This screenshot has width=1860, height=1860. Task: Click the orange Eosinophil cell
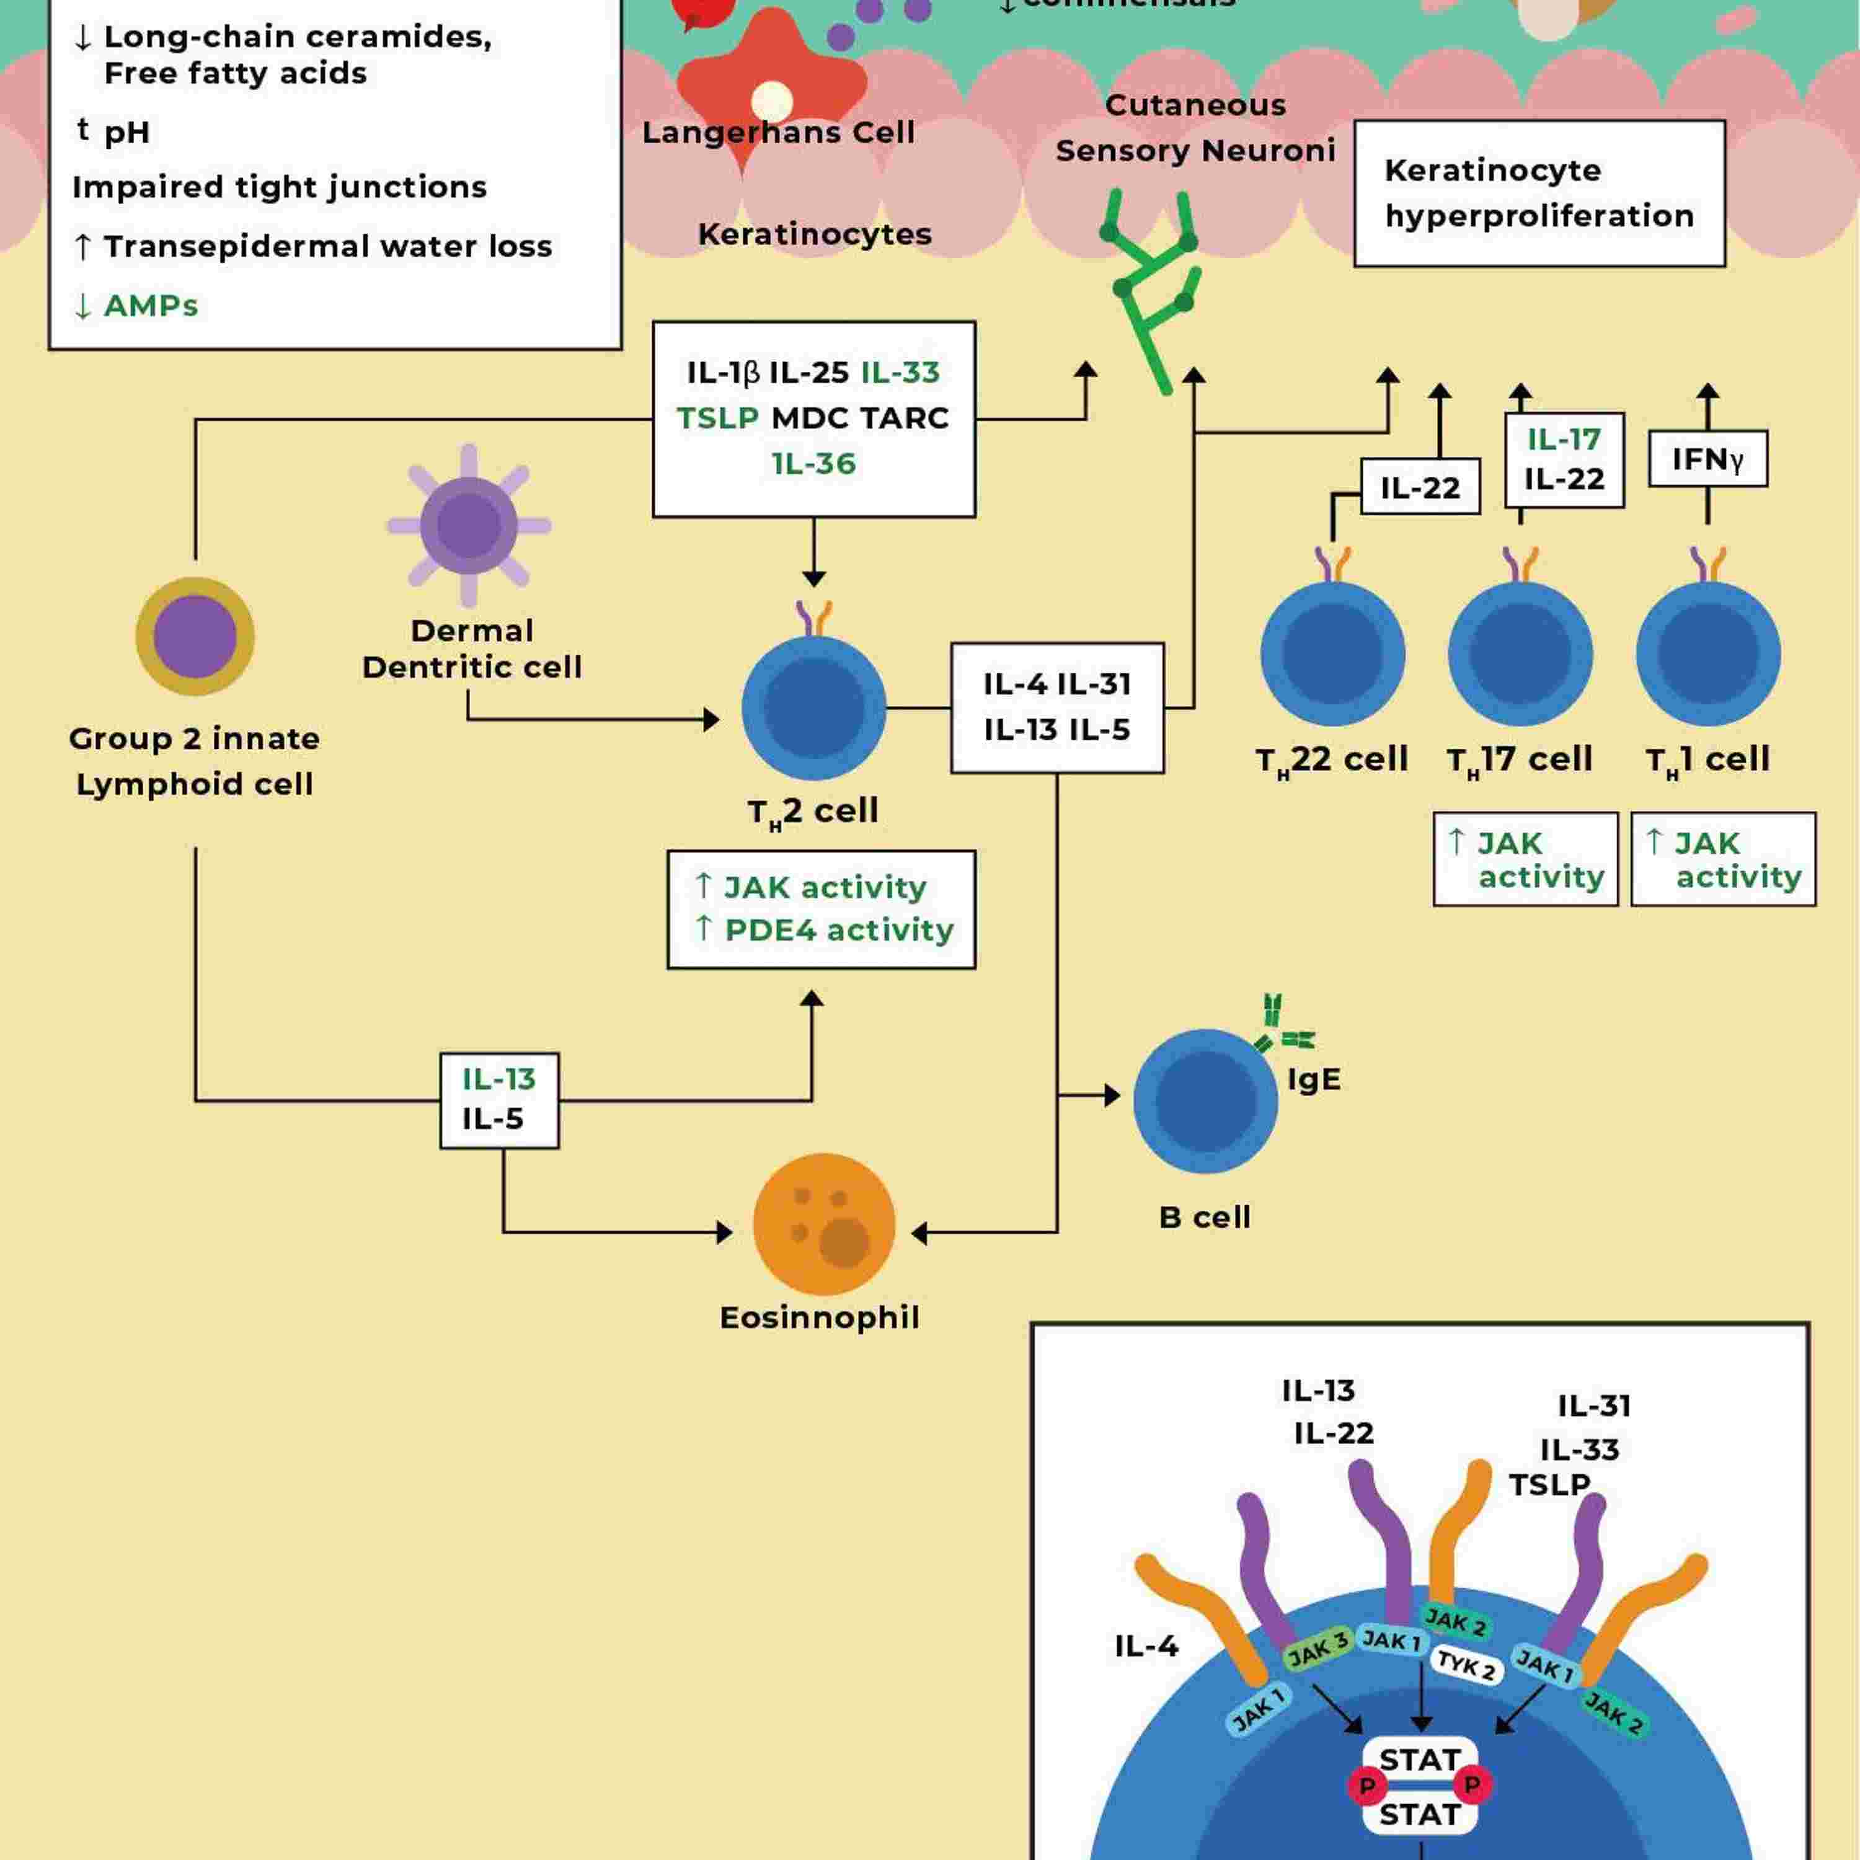coord(823,1224)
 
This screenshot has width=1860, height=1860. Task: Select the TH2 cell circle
coord(813,707)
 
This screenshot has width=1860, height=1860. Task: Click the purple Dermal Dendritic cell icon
coord(469,526)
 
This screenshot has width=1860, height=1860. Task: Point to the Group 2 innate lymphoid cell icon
coord(195,636)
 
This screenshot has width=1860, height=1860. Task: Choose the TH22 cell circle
coord(1332,653)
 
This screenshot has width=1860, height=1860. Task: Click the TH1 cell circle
coord(1708,653)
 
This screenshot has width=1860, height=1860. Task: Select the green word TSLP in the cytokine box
coord(717,418)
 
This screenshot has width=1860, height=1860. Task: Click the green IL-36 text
coord(813,463)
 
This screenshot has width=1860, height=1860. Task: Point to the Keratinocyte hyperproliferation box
coord(1538,193)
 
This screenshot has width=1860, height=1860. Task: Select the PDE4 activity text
coord(838,930)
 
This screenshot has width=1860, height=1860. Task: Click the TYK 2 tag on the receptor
coord(1465,1663)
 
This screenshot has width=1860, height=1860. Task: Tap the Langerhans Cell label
coord(778,132)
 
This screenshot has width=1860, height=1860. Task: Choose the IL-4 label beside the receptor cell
coord(1146,1646)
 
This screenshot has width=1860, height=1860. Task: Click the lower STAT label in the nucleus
coord(1420,1815)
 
